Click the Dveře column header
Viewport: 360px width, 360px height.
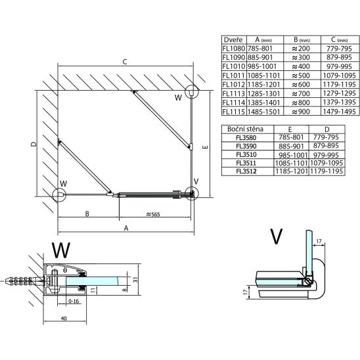(233, 39)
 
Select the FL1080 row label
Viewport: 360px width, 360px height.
(234, 49)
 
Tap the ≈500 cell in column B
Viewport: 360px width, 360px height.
(301, 76)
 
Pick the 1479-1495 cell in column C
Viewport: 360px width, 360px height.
(340, 112)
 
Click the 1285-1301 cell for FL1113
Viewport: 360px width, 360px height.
(264, 94)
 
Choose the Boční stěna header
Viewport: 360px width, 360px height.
(245, 129)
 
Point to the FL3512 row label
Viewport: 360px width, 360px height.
(246, 171)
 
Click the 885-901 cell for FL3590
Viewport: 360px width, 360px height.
(291, 146)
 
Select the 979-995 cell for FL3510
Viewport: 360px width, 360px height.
(326, 156)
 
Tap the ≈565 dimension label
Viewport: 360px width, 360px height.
(153, 214)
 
